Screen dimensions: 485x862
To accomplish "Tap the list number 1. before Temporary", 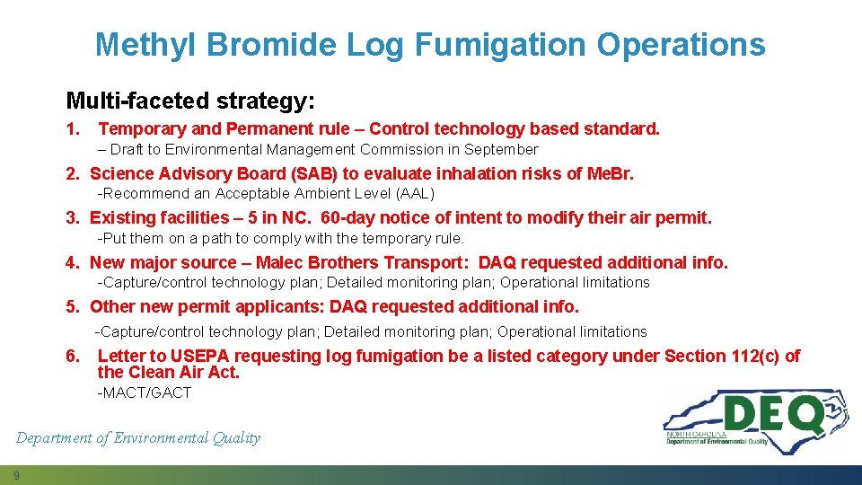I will point(73,129).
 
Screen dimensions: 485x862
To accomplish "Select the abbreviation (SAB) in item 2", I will point(313,173).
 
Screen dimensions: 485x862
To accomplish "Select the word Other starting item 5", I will point(112,307).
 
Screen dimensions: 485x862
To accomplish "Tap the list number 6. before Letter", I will point(73,357).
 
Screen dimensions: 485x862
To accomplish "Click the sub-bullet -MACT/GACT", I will point(144,392).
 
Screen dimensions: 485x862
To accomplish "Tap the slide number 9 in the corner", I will point(16,474).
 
